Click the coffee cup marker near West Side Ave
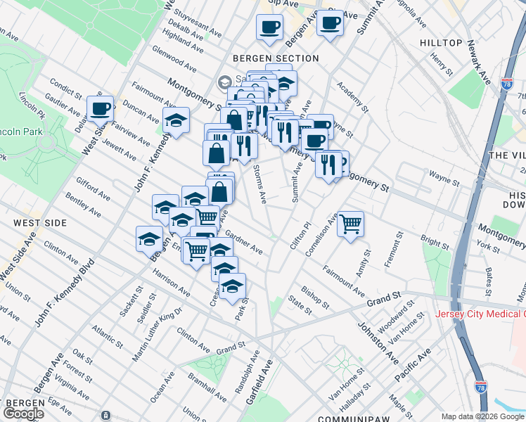pyautogui.click(x=101, y=109)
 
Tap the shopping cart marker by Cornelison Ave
pyautogui.click(x=350, y=225)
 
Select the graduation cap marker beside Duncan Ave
pyautogui.click(x=176, y=120)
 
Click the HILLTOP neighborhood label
pyautogui.click(x=441, y=43)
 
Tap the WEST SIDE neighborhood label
pyautogui.click(x=40, y=223)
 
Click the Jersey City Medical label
pyautogui.click(x=480, y=314)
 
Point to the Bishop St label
pyautogui.click(x=315, y=297)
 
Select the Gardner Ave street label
pyautogui.click(x=244, y=243)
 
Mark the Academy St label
pyautogui.click(x=352, y=97)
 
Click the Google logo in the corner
pyautogui.click(x=23, y=414)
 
